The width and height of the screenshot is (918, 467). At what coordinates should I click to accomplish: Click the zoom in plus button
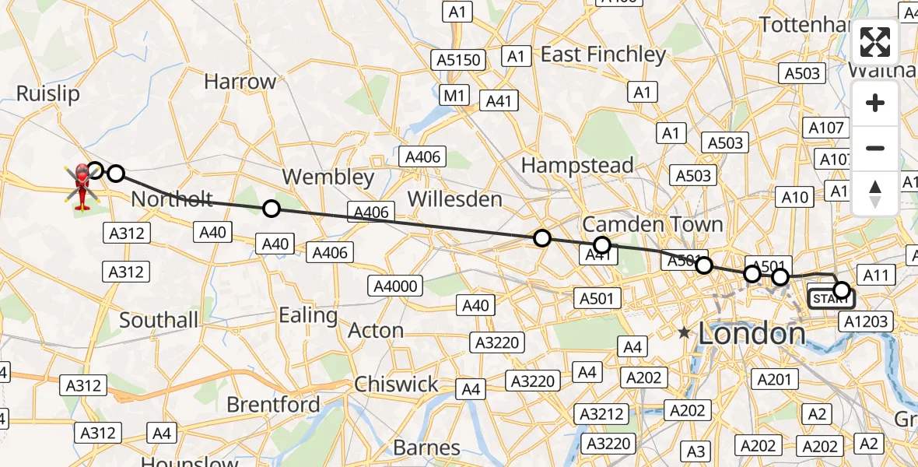(875, 103)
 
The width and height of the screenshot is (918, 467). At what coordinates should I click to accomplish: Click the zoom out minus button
(875, 148)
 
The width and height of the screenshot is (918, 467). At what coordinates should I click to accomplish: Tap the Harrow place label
(240, 81)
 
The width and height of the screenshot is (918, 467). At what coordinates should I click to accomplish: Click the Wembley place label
(328, 177)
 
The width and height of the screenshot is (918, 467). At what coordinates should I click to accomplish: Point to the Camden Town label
(652, 224)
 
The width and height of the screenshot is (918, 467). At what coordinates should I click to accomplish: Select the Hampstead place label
(577, 165)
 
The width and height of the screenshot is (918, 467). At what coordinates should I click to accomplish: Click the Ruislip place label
(48, 94)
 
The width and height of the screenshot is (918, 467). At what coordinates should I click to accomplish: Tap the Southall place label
(159, 319)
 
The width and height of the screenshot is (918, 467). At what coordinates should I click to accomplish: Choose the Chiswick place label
(397, 384)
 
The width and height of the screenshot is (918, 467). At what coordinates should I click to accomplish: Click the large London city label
(752, 333)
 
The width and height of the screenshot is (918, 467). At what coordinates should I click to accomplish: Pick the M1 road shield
(454, 96)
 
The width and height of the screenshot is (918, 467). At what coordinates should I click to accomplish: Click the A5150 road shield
(459, 60)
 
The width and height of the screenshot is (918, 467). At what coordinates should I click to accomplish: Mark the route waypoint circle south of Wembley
(271, 209)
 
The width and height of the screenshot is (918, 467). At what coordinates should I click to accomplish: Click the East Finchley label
(603, 54)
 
